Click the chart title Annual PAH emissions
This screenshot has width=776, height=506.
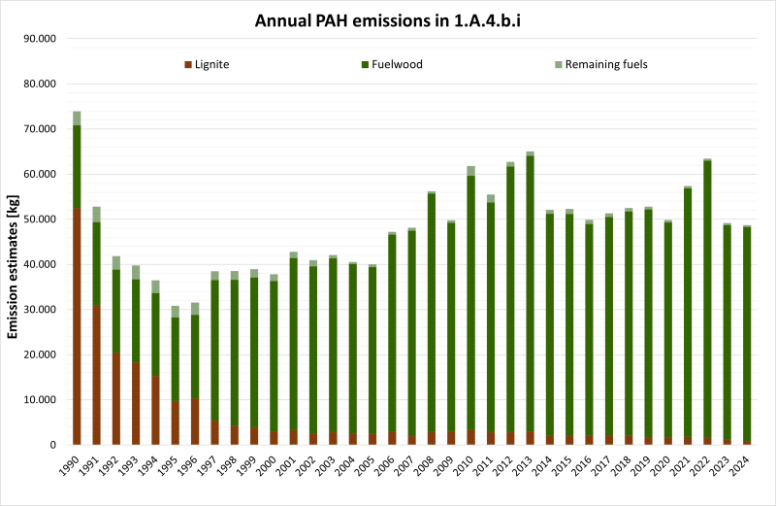[x=388, y=20]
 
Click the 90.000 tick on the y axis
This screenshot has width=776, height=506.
[x=41, y=39]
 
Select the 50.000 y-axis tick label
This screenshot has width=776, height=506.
[x=41, y=219]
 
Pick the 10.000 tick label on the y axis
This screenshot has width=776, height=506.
[x=41, y=400]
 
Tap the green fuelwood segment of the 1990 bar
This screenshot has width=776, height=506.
[x=77, y=166]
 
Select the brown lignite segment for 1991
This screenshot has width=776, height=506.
[x=96, y=375]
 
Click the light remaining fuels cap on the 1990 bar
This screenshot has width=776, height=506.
[x=77, y=118]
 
